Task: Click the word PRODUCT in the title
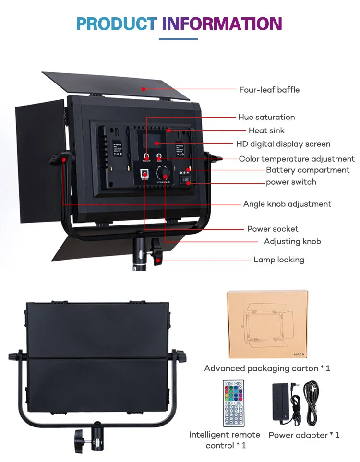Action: [x=117, y=23]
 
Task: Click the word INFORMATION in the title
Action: [x=222, y=23]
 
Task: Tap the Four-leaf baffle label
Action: [x=269, y=90]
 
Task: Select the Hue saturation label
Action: [x=266, y=117]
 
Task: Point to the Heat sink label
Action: [x=266, y=130]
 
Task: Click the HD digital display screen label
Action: [x=283, y=144]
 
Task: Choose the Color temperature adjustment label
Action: [x=297, y=159]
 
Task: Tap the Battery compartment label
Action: [x=308, y=170]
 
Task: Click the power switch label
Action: [x=291, y=182]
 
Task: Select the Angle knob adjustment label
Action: [x=287, y=204]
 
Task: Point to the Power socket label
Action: [x=273, y=229]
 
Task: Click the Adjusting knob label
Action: [x=292, y=241]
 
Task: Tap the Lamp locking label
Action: [x=279, y=260]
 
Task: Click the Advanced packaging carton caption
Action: [x=267, y=368]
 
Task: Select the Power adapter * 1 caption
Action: [x=304, y=435]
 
